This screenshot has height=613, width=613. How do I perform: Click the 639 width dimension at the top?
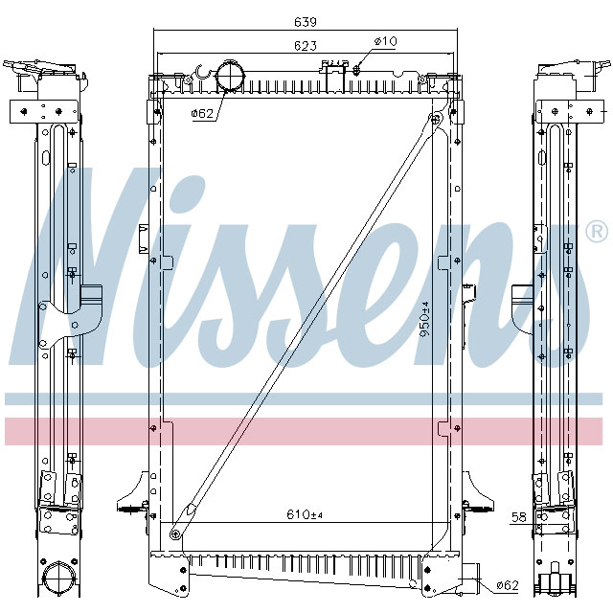tap(305, 21)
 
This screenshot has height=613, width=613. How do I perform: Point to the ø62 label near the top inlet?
tap(202, 113)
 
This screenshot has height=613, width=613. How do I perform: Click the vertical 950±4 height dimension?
tap(424, 327)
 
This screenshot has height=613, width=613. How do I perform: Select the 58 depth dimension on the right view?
tap(518, 517)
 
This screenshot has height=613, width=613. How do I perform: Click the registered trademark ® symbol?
tap(595, 232)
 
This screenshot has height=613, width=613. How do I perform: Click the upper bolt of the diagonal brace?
tap(436, 119)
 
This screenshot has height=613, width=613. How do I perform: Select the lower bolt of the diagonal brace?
tap(174, 534)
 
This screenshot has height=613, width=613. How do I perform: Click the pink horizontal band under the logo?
tap(306, 431)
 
